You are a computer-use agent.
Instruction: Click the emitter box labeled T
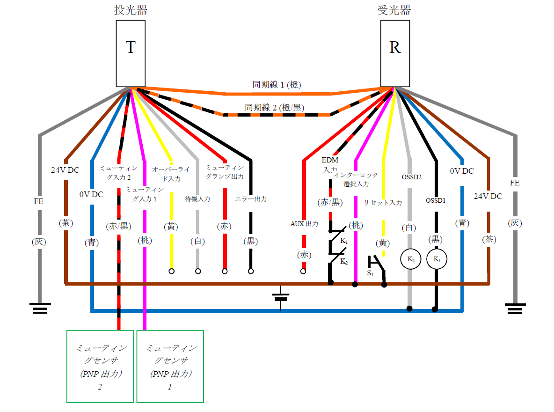(131, 53)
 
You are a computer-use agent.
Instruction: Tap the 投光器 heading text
(131, 10)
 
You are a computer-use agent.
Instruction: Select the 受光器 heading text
(394, 10)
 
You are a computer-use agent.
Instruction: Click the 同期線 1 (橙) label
(277, 85)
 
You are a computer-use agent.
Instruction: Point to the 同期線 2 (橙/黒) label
(275, 108)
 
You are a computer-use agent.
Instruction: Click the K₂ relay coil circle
(410, 259)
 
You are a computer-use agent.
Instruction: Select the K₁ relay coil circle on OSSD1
(437, 259)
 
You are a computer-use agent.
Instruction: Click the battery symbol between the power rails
(281, 297)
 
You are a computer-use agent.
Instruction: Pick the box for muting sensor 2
(100, 366)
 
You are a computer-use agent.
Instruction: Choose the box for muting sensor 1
(170, 366)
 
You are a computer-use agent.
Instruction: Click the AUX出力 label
(304, 224)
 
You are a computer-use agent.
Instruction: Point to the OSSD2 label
(412, 177)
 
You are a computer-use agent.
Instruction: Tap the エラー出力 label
(251, 199)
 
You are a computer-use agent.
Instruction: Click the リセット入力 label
(383, 203)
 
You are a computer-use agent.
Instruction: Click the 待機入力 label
(197, 199)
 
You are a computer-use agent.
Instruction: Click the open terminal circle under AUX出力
(303, 271)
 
